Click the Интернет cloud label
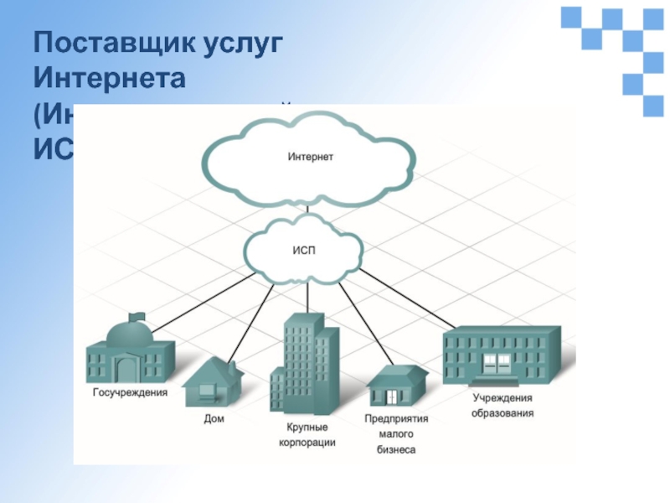click(310, 157)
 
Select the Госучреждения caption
click(130, 392)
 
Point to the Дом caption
click(214, 417)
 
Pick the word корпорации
click(307, 442)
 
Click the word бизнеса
click(396, 449)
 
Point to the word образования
click(502, 412)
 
